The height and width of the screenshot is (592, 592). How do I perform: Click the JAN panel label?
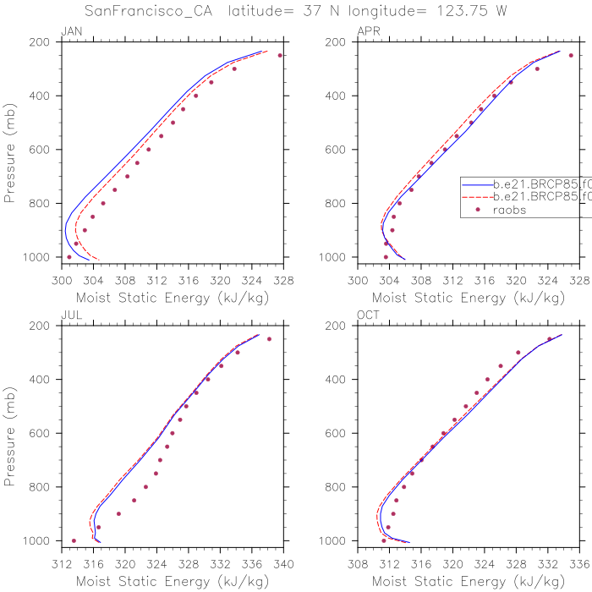(70, 31)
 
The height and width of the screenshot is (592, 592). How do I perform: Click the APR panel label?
(369, 31)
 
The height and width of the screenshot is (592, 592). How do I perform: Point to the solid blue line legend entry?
(524, 182)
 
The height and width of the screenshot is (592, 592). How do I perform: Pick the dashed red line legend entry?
(524, 196)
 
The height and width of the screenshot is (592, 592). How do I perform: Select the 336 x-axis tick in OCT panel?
(579, 560)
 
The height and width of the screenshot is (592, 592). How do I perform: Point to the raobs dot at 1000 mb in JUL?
(74, 540)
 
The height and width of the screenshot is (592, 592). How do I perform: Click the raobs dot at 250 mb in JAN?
(280, 55)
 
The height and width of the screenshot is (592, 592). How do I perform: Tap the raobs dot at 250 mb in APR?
(571, 55)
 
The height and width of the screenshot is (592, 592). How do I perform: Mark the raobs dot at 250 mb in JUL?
(269, 339)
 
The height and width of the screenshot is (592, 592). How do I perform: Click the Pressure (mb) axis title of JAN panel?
(11, 150)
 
